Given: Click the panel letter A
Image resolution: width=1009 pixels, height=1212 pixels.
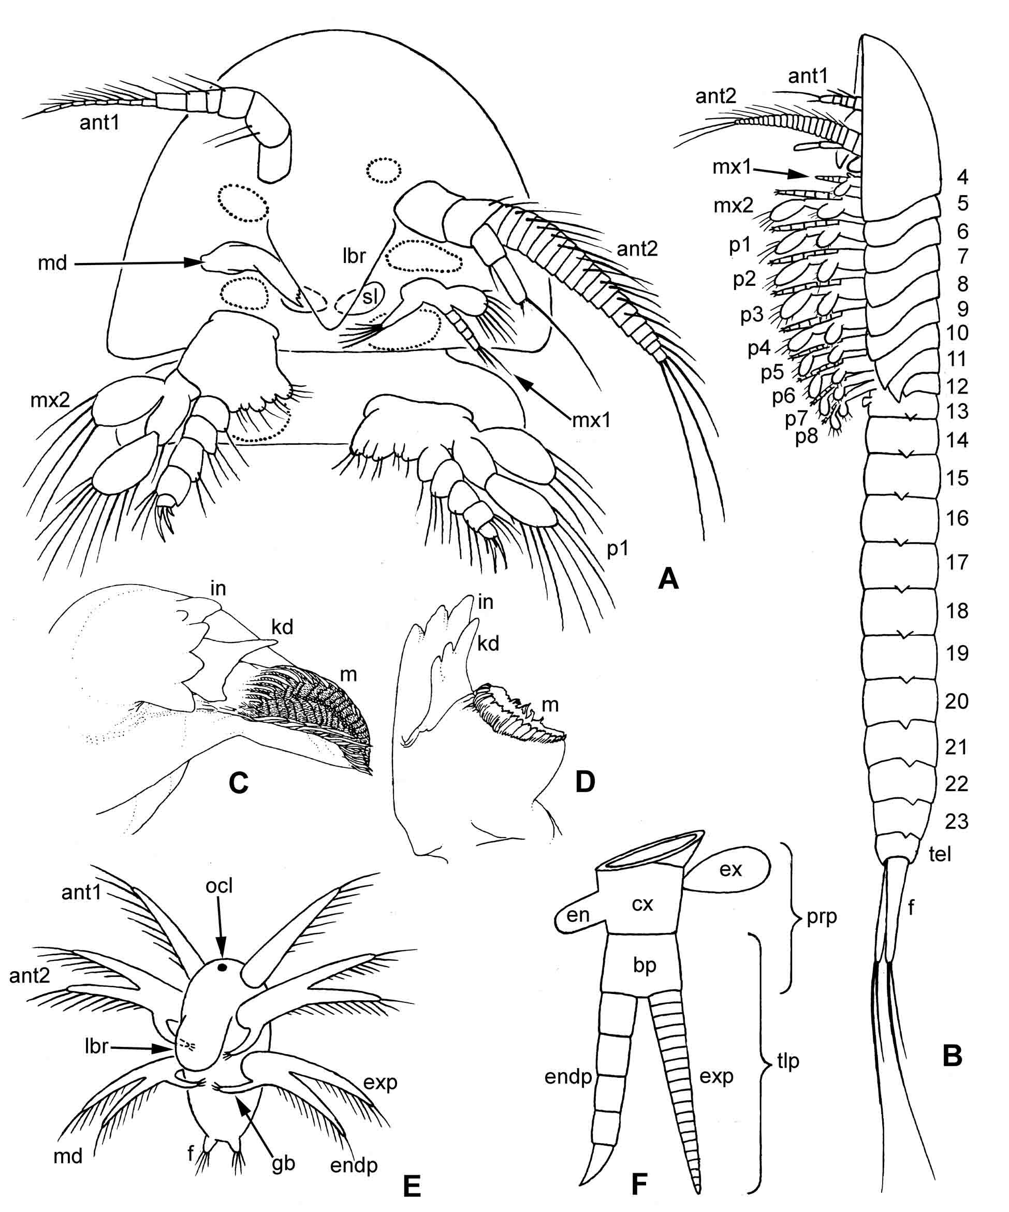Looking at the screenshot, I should coord(668,578).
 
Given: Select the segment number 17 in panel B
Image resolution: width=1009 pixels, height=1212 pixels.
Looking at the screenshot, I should coord(957,562).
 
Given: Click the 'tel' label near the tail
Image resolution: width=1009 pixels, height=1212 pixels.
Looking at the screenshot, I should coord(940,853).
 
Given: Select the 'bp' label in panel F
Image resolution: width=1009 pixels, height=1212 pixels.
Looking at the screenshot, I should coord(644,965).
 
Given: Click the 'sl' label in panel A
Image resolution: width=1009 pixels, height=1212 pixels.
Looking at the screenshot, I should coord(370,296).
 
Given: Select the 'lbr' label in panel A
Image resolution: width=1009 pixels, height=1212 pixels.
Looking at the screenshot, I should coord(353,255).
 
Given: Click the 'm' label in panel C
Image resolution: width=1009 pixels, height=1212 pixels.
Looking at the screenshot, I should coord(348,674).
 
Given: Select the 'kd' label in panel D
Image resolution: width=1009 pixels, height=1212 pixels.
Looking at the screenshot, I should coord(488,643).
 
